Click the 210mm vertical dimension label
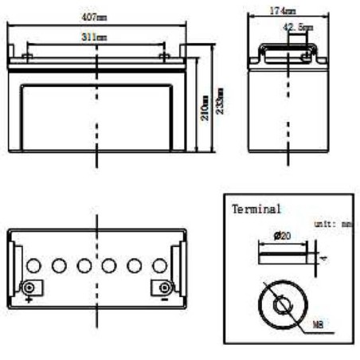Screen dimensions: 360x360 (205, 105)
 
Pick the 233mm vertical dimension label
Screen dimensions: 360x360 (219, 100)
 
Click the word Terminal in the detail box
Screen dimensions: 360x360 (256, 209)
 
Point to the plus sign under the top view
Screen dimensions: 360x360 (29, 299)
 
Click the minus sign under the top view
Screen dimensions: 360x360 (164, 299)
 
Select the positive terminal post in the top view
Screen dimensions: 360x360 (29, 287)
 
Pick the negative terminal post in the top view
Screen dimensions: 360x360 (164, 287)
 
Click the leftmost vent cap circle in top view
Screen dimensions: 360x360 (33, 265)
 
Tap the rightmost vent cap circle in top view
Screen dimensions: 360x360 (159, 265)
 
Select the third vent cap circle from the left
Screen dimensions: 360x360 (84, 265)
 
